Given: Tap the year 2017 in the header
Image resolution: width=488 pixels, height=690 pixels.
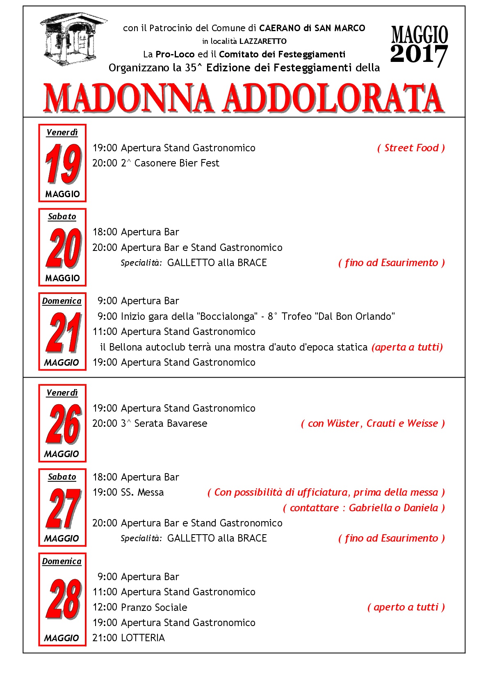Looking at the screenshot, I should coord(419,55).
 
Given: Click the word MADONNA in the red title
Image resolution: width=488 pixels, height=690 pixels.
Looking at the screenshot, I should coord(128,98).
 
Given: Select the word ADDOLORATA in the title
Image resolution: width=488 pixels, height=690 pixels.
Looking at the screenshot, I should coord(333,98).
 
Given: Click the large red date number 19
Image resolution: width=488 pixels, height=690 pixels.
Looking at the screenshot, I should coord(63,164).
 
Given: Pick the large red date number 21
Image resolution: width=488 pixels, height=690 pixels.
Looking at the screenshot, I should coord(63,332).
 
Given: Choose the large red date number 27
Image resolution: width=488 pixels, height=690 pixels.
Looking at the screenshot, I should coord(63,508).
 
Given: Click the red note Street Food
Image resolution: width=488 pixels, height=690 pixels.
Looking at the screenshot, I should coord(411,148).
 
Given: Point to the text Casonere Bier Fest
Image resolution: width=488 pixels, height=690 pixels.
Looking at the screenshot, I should coord(177,163).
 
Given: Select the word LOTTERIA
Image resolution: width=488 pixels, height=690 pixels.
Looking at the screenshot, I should coord(143,638).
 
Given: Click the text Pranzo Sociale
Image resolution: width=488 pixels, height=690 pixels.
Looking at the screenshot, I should coord(154,607).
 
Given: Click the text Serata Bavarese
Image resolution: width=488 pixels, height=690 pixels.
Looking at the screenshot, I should coord(171,424).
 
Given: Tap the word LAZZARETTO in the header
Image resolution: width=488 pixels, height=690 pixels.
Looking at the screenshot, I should coord(263,41).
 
